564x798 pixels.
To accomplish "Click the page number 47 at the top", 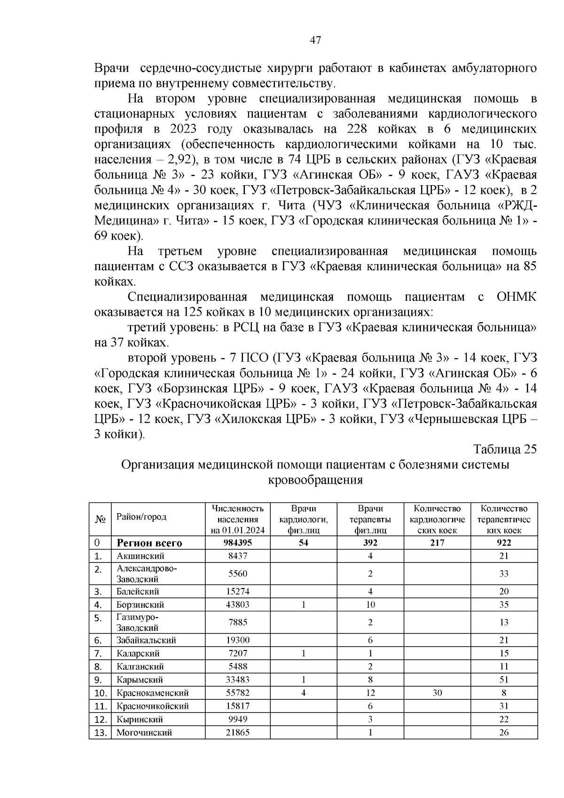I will point(315,40).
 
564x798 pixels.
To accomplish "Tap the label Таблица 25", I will point(505,449).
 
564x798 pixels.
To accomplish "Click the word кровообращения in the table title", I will point(315,480).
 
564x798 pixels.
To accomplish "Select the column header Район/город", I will point(141,517).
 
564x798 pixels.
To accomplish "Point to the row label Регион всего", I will point(149,543).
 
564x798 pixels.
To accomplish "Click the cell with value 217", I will point(437,543).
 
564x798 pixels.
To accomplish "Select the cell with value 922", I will point(504,543).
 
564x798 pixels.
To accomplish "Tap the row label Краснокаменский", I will point(153,693).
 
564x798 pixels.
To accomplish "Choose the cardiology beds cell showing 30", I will point(437,693).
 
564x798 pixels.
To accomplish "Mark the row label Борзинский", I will point(140,604).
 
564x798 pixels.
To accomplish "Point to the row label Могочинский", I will point(144,732).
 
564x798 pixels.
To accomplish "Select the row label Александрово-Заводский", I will point(147,573).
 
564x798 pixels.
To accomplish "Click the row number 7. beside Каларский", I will point(98,653).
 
